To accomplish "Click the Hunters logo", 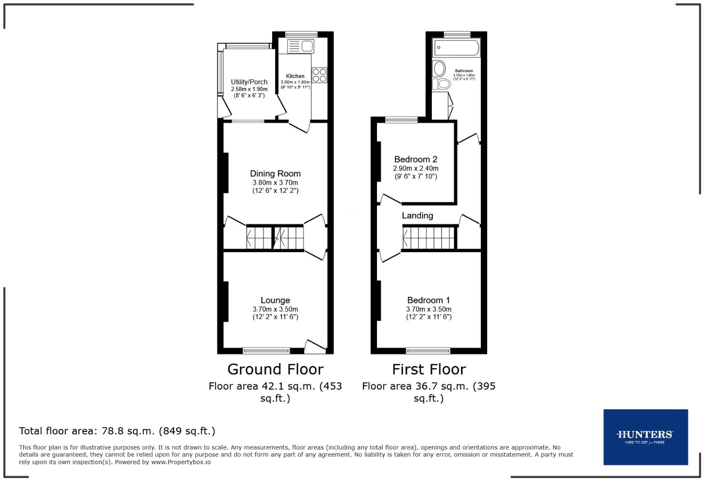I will tap(645, 437).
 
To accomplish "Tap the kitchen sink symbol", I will tap(300, 47).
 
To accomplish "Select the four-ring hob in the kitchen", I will tap(319, 76).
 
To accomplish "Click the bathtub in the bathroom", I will tap(456, 48).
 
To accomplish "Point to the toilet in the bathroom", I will tap(441, 85).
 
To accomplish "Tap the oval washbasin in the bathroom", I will tap(439, 69).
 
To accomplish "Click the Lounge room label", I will tap(275, 300).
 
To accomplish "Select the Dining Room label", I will tap(275, 174).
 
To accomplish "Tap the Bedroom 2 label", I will tap(415, 159).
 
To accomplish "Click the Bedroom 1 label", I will tap(428, 300).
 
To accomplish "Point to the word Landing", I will tap(417, 215).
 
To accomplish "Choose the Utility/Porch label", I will tap(249, 82).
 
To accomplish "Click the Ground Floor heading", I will tap(275, 369).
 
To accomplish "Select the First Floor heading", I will tap(429, 369).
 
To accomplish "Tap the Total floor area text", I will tap(117, 431).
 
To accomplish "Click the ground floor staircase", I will tap(275, 238).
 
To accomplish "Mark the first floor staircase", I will tap(429, 238).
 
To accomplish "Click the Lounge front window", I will tap(266, 351).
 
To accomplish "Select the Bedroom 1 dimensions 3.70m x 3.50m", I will tap(429, 309).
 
